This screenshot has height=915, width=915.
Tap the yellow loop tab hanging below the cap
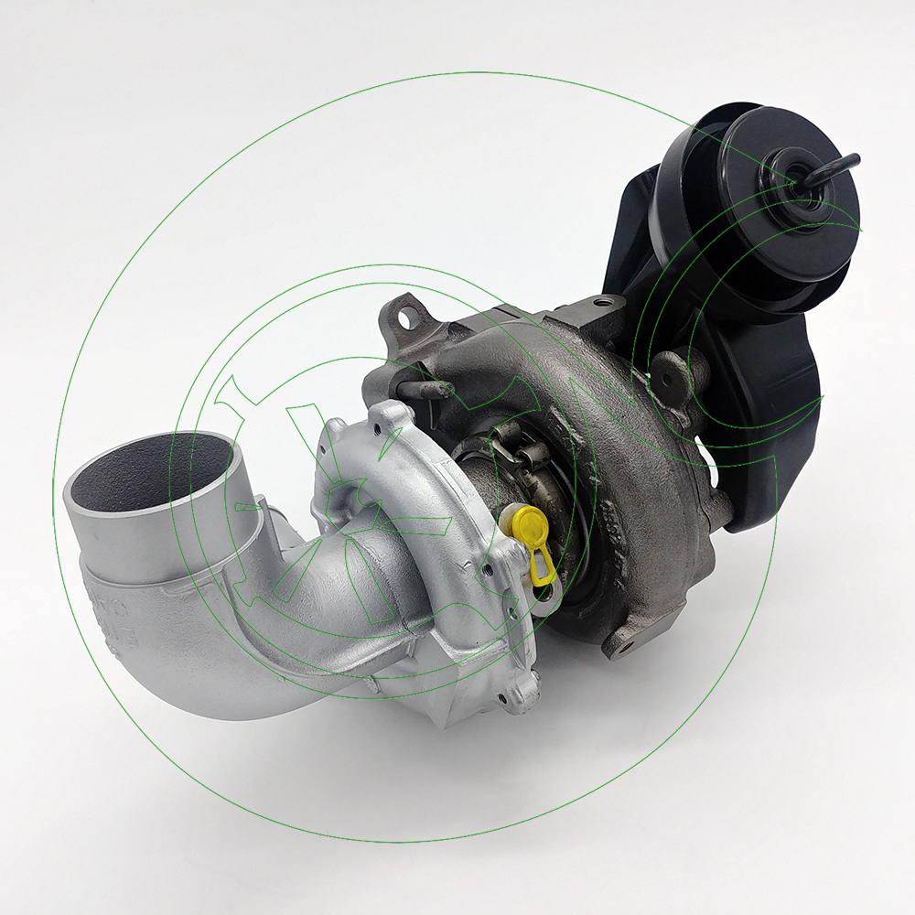point(540,569)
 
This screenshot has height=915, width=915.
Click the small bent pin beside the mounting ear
point(430,389)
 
